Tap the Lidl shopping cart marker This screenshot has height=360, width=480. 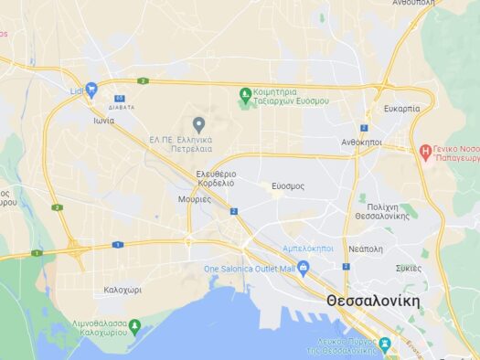[91, 90]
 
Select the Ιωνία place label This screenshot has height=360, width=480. [103, 120]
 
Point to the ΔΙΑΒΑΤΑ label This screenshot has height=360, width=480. [121, 107]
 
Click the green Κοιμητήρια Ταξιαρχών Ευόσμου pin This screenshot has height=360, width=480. [245, 93]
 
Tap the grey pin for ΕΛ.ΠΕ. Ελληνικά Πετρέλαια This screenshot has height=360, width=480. [199, 124]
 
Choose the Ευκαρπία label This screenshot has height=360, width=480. [403, 108]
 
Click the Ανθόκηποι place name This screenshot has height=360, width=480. [361, 143]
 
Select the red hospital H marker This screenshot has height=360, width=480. [425, 150]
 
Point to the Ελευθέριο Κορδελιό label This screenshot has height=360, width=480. [216, 178]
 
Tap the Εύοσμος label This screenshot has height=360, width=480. [288, 185]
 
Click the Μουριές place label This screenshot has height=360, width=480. [195, 198]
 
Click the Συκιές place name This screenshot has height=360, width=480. [409, 268]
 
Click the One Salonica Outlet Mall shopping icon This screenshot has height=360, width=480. [304, 268]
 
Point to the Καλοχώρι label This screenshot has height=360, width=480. [123, 289]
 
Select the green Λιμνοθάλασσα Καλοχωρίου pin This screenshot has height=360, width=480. [134, 324]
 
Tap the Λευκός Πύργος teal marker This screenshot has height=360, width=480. [385, 344]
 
